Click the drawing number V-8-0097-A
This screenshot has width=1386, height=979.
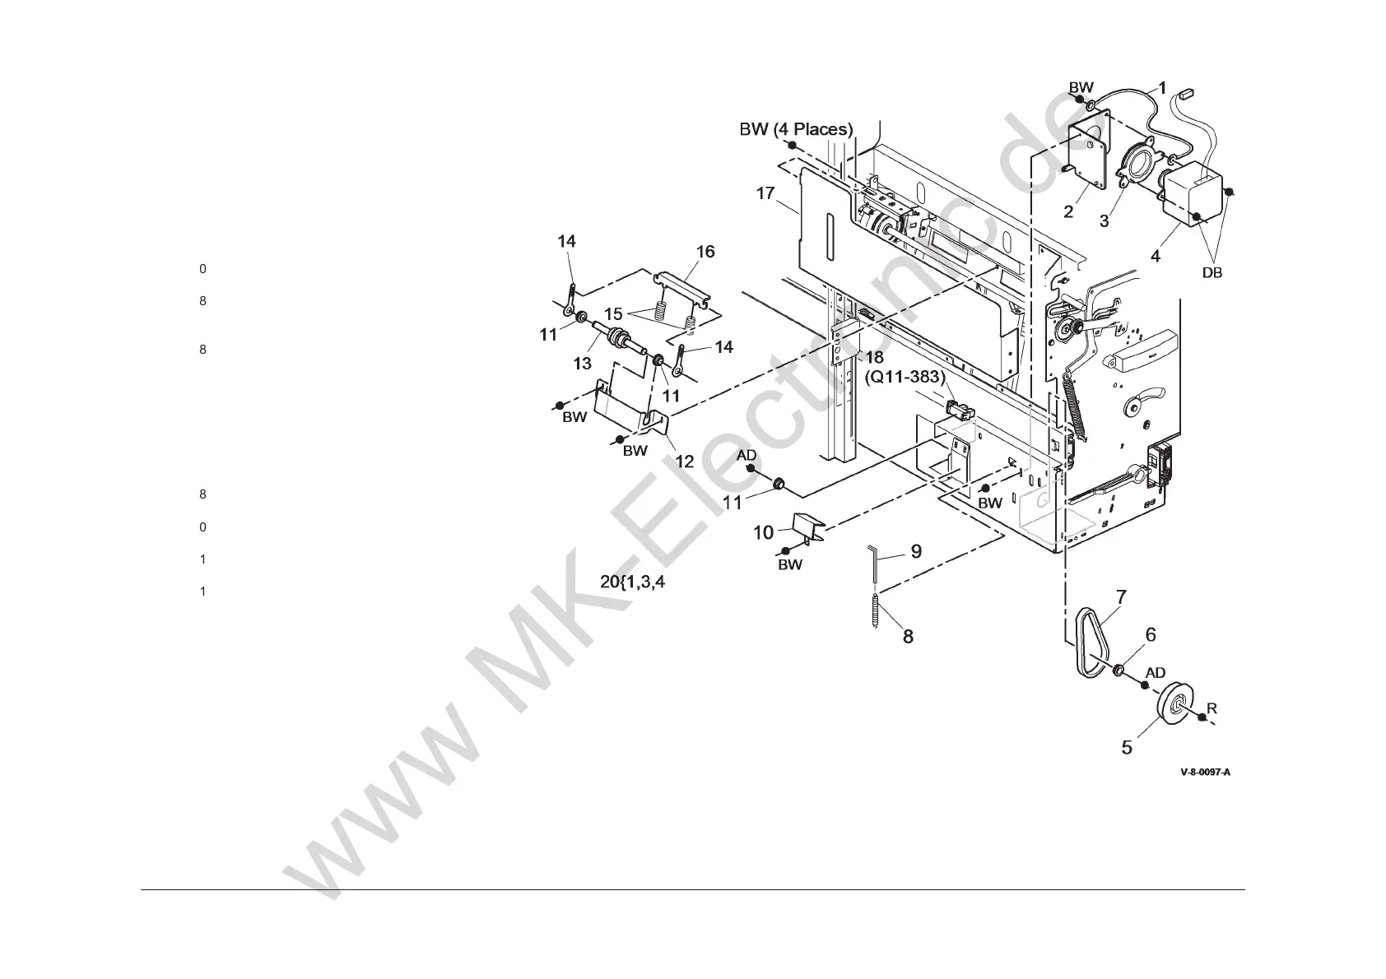[1205, 773]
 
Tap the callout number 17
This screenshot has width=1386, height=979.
[765, 193]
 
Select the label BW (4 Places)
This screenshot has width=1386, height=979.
[796, 129]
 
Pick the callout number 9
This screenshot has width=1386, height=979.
[915, 551]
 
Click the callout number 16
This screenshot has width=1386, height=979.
[705, 252]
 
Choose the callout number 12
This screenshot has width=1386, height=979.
[685, 462]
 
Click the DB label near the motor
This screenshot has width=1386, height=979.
[1212, 273]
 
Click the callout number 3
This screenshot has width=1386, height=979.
[1104, 220]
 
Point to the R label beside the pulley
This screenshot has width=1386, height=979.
[1212, 708]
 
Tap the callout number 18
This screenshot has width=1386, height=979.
[873, 356]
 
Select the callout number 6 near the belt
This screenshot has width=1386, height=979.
[1150, 634]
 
